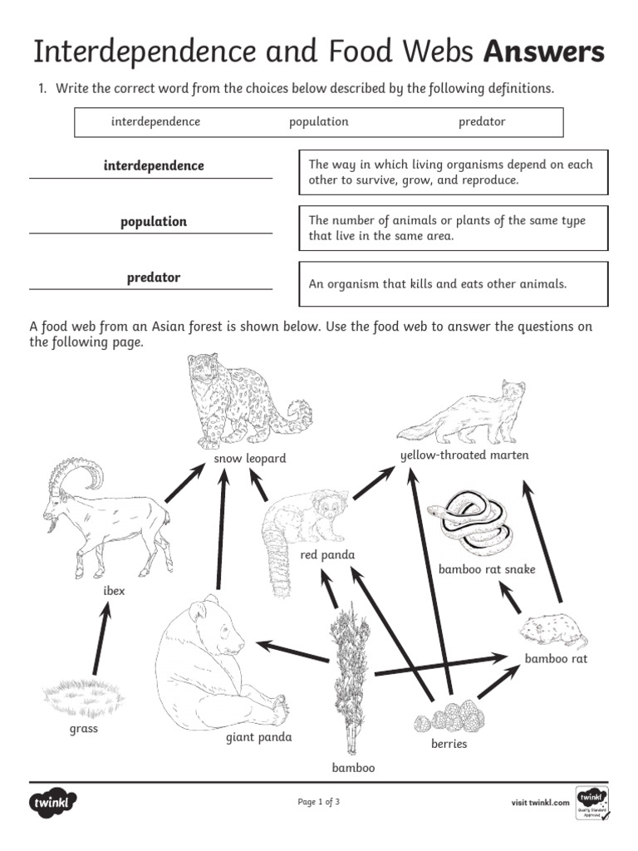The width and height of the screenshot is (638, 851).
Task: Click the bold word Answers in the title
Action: [x=544, y=52]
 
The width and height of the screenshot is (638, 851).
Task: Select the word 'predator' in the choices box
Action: [x=482, y=122]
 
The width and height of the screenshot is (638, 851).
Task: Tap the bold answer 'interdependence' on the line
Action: [x=154, y=166]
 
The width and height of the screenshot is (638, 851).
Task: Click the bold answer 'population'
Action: [x=154, y=222]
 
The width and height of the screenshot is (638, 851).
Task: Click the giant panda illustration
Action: [x=212, y=665]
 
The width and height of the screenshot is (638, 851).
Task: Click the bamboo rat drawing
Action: [x=552, y=633]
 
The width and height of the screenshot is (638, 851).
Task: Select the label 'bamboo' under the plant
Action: [x=353, y=768]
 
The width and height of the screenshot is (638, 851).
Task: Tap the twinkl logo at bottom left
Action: [x=54, y=803]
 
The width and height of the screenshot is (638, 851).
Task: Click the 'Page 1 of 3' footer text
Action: [x=319, y=802]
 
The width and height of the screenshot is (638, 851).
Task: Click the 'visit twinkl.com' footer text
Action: [x=540, y=803]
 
